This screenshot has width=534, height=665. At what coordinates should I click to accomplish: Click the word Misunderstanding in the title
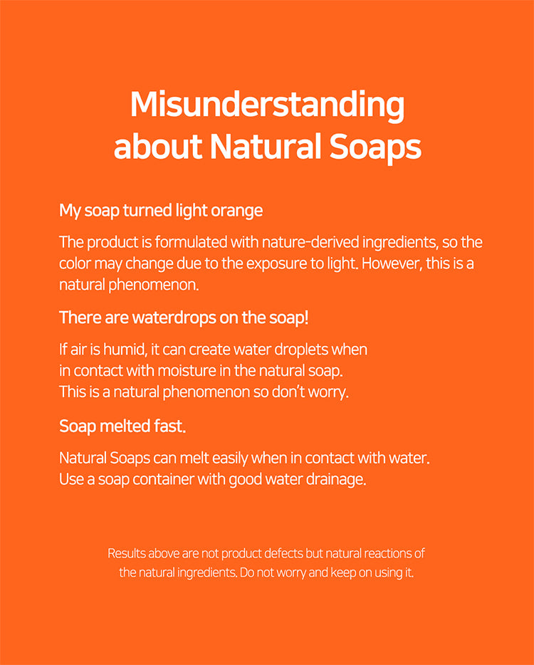point(267,105)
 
